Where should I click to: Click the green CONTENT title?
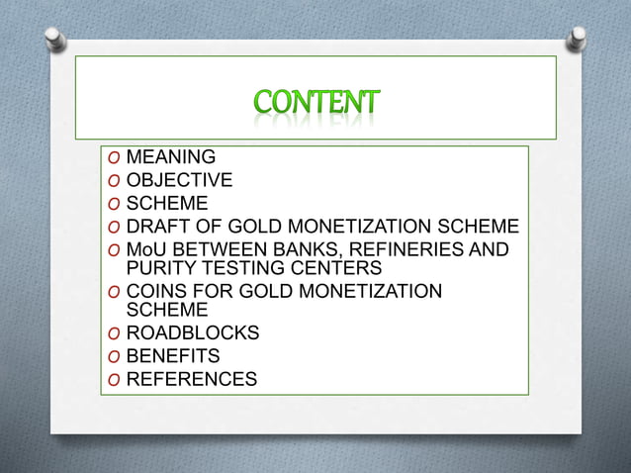(x=315, y=103)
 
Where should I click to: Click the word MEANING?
(x=171, y=156)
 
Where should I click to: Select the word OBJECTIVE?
(x=180, y=180)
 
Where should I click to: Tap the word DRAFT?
(x=158, y=227)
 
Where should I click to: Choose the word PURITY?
(x=158, y=267)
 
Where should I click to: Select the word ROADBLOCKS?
(x=193, y=333)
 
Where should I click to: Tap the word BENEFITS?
(x=173, y=356)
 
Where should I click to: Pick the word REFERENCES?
(x=192, y=379)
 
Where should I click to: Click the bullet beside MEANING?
(x=115, y=157)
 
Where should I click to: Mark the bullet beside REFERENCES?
(x=115, y=380)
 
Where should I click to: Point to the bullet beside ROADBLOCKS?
(x=115, y=334)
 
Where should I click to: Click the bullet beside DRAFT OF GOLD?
(x=115, y=228)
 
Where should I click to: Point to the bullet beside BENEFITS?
(x=115, y=357)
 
